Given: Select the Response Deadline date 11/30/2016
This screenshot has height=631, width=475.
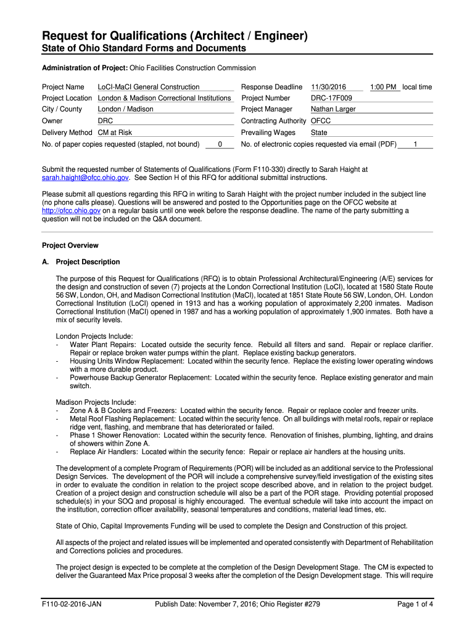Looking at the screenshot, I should point(329,87).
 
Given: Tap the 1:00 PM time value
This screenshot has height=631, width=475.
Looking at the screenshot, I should point(383,87).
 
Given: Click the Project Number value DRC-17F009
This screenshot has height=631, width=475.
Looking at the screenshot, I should point(331,98).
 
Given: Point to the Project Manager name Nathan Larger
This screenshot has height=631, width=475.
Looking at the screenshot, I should point(333,109).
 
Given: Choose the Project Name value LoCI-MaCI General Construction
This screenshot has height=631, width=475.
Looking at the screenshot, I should point(149,87).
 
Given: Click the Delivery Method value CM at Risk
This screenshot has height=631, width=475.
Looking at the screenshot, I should point(115,132).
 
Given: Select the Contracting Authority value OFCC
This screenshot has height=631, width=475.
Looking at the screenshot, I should point(321,121).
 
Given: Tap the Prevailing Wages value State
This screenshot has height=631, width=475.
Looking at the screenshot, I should point(319,132).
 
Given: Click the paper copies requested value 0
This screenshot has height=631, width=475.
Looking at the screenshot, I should point(220,144).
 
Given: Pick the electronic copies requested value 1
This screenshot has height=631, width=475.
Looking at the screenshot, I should point(415,144).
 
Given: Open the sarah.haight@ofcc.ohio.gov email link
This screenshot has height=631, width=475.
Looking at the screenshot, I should point(85,177).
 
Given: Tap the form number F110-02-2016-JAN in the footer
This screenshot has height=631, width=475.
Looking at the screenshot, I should point(72,604).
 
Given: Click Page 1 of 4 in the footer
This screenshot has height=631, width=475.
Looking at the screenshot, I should point(415,604).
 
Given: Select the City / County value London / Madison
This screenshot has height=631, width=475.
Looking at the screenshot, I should point(126,109).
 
